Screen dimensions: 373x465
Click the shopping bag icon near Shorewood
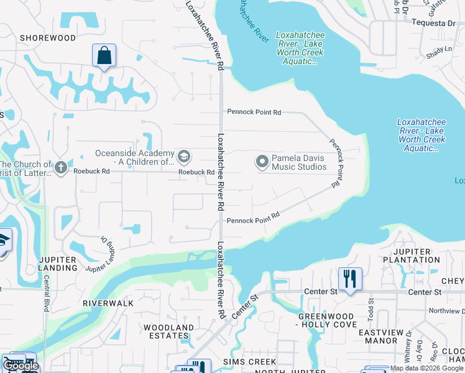click(x=104, y=55)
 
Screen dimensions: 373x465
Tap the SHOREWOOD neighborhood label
click(x=48, y=38)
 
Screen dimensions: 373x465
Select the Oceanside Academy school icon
click(x=183, y=155)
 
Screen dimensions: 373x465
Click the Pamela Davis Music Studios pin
click(x=262, y=162)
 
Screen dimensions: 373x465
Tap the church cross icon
click(x=60, y=167)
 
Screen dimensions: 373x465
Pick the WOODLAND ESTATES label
click(x=168, y=332)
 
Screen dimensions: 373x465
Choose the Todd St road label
click(x=371, y=308)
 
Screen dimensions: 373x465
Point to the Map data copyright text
click(x=426, y=368)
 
